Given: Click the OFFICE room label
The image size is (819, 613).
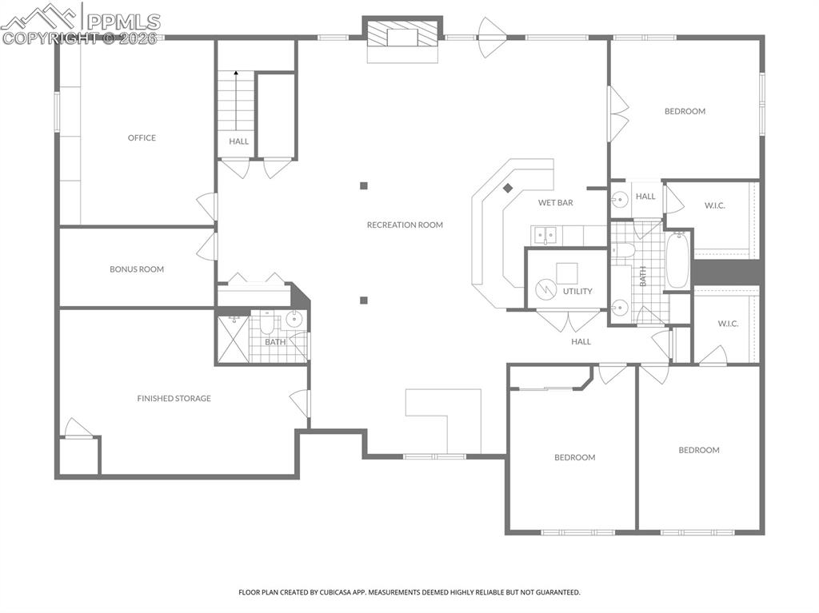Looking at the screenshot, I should [142, 137].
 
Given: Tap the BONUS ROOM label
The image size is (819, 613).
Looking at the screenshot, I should [137, 269].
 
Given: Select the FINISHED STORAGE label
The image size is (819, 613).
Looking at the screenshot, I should [174, 398].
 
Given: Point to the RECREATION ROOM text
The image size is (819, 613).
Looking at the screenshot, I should [405, 225].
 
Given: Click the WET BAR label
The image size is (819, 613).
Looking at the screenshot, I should [555, 203].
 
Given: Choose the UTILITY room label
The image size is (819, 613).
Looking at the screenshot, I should [577, 291].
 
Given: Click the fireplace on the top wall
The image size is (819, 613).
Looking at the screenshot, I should [403, 37].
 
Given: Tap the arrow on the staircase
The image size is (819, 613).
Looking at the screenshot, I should [236, 75].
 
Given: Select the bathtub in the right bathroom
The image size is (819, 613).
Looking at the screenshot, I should [677, 260].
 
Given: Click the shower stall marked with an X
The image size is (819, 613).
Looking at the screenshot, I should [233, 339].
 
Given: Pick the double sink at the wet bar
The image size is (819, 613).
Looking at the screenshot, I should [546, 235].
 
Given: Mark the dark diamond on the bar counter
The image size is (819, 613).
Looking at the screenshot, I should [507, 189].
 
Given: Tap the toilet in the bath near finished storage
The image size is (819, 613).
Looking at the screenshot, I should [266, 323].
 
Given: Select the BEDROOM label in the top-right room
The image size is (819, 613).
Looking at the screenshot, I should [685, 111].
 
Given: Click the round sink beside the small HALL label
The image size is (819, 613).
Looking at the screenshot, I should [619, 200].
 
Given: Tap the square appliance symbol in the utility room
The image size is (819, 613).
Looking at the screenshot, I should [567, 273].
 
